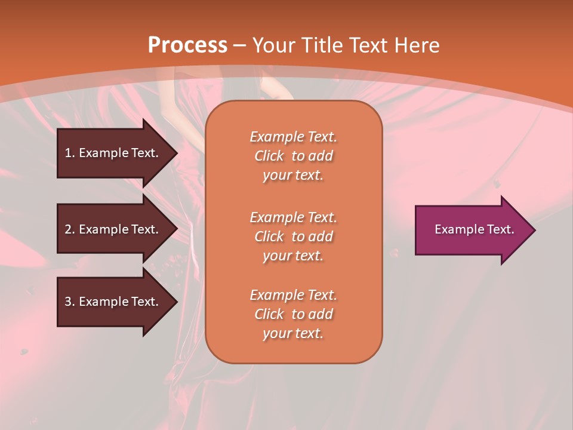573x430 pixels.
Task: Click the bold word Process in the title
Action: pyautogui.click(x=187, y=45)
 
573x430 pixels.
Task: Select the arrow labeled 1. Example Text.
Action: pyautogui.click(x=113, y=153)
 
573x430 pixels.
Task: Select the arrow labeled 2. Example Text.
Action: pyautogui.click(x=113, y=229)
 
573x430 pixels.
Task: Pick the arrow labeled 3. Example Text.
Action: pyautogui.click(x=113, y=302)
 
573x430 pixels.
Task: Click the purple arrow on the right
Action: pyautogui.click(x=472, y=230)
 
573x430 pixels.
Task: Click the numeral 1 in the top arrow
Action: pyautogui.click(x=68, y=153)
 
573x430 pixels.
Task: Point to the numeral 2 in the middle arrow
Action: pyautogui.click(x=68, y=229)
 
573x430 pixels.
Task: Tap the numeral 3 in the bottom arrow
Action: pyautogui.click(x=68, y=302)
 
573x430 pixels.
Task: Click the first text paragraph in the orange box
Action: pyautogui.click(x=293, y=156)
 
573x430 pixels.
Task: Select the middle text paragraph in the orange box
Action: pyautogui.click(x=293, y=236)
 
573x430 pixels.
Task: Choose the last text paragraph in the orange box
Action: pyautogui.click(x=293, y=314)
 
